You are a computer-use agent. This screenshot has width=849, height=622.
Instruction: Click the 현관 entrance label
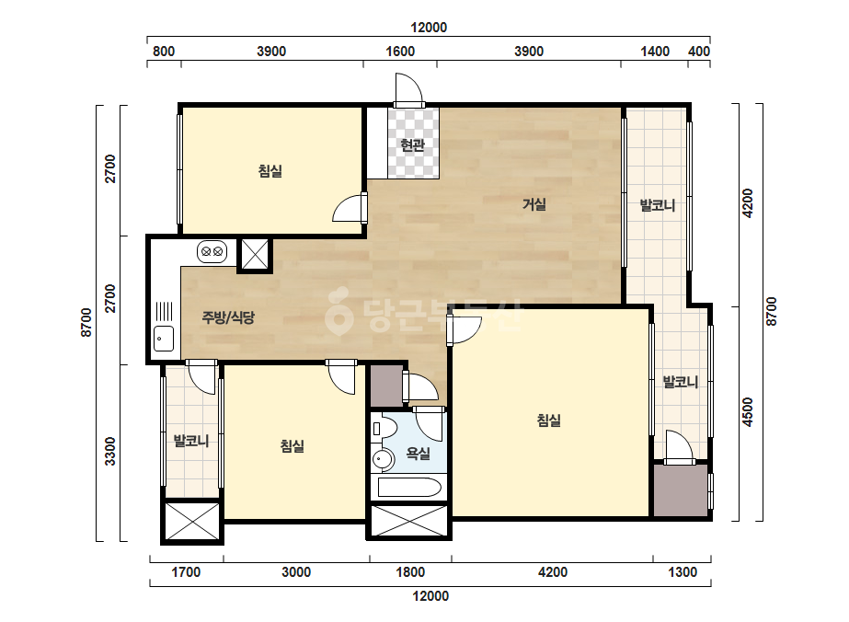pos(412,144)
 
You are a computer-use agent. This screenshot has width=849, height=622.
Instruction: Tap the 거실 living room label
pos(533,204)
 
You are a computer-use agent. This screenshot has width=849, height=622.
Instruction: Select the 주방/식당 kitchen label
pos(228,317)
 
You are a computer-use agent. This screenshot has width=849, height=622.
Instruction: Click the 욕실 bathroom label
pos(418,454)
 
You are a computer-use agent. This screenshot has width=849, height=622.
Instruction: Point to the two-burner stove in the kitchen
pos(212,252)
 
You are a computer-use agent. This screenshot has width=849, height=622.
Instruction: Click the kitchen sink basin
pos(164,339)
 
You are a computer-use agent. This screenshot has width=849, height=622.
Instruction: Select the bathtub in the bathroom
pos(409,487)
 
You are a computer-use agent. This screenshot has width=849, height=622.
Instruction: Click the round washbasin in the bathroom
pos(384,459)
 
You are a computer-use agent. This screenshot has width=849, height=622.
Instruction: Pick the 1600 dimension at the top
pos(400,52)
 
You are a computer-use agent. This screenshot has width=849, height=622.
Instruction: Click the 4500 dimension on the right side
pos(748,412)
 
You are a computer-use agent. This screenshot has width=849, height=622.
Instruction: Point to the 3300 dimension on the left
pos(109,451)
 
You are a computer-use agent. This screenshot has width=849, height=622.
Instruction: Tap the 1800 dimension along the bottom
pos(410,572)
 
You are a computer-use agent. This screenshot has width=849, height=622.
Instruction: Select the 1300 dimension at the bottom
pos(683,572)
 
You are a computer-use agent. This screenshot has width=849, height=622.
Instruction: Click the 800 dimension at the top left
pos(164,52)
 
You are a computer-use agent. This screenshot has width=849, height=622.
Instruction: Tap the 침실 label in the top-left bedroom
pos(270,171)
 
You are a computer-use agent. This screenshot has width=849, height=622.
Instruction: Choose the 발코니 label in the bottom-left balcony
pos(191,441)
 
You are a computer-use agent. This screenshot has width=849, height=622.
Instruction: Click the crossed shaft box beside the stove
pos(255,254)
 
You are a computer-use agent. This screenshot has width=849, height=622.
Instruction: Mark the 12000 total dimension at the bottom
pos(430,596)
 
